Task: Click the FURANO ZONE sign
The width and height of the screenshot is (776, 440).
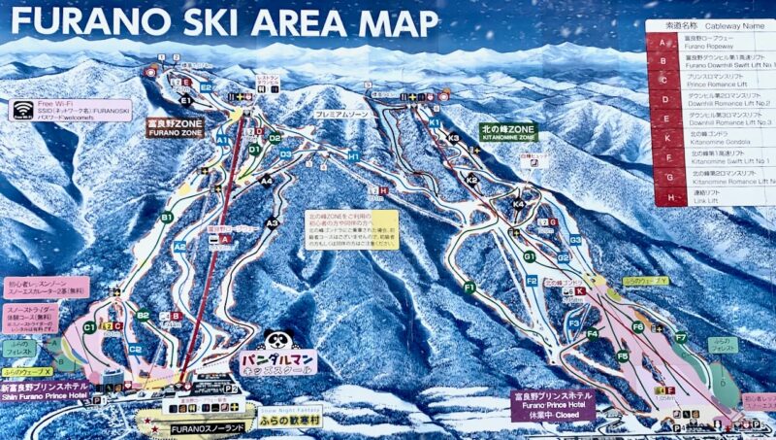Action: coord(175,128)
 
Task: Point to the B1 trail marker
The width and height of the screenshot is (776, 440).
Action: coord(167,218)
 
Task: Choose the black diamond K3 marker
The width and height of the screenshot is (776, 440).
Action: coord(453,138)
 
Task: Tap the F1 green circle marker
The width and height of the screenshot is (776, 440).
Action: coord(469,288)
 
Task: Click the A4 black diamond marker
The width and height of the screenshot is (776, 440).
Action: coord(266,181)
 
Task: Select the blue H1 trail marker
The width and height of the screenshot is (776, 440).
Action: coord(354,155)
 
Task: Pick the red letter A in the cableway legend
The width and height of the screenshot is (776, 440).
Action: coord(663,42)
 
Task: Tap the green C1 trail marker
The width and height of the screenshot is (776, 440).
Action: coord(89,327)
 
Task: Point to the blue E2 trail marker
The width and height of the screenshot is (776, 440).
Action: coord(206,87)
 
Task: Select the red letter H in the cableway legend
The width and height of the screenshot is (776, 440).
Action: coord(663,198)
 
